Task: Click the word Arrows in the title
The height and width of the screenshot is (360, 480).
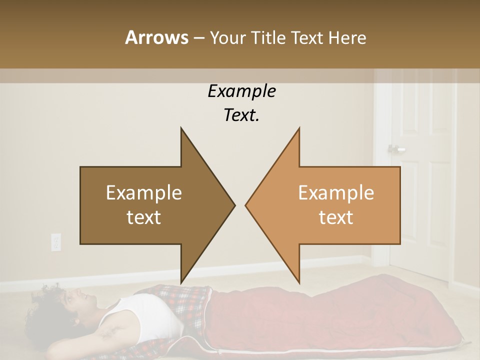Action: tap(156, 37)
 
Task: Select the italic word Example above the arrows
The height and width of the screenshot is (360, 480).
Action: tap(241, 91)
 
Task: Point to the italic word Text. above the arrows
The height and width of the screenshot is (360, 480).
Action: tap(241, 115)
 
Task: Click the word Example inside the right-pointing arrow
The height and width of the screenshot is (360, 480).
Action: tap(144, 192)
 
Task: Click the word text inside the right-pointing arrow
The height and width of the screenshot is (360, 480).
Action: tap(144, 217)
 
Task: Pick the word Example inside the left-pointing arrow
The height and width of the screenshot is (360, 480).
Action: tap(336, 192)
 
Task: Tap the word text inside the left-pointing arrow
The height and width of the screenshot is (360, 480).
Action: tap(336, 217)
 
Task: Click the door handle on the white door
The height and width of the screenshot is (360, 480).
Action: tap(395, 149)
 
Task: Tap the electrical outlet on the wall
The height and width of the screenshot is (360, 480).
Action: tap(55, 242)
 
